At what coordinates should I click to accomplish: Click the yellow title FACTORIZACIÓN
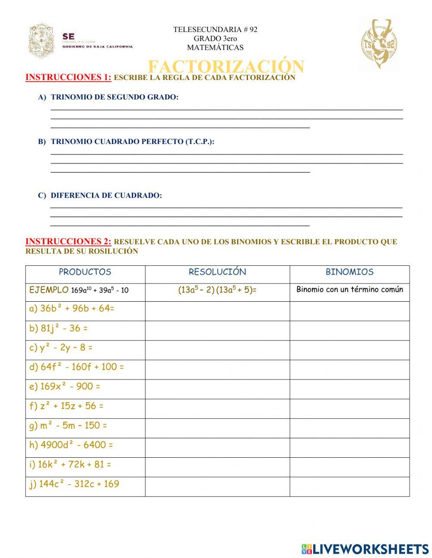[226, 66]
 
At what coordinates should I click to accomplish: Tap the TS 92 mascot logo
[379, 43]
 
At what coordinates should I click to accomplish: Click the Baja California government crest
[42, 41]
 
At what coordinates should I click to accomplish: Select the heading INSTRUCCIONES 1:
[68, 77]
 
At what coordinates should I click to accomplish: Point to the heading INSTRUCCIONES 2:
[68, 242]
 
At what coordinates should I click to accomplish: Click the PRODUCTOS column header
[85, 272]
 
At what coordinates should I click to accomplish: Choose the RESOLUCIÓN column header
[217, 272]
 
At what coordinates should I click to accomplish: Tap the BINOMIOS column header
[349, 272]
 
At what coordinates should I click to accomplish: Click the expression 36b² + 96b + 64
[72, 309]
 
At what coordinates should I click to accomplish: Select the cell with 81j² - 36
[58, 328]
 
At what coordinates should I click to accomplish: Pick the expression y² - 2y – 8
[61, 348]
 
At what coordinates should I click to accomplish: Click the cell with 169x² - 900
[64, 386]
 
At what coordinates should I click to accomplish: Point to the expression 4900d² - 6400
[71, 445]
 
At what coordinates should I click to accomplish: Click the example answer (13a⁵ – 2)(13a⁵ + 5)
[217, 290]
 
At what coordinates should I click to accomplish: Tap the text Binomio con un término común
[349, 290]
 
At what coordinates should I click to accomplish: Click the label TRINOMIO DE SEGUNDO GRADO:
[114, 97]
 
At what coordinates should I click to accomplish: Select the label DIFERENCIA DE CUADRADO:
[106, 195]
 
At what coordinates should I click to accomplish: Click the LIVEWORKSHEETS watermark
[365, 549]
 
